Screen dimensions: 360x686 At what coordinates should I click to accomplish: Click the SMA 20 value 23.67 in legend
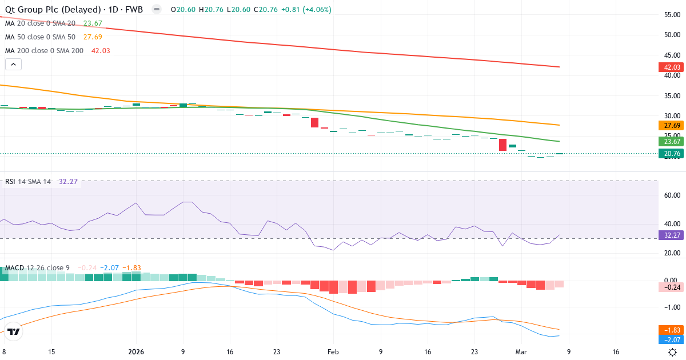pyautogui.click(x=93, y=23)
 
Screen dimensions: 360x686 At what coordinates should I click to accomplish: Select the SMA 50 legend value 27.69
pyautogui.click(x=93, y=37)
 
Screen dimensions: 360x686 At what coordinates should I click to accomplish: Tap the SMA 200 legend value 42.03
pyautogui.click(x=100, y=51)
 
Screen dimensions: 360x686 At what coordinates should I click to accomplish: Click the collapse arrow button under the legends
pyautogui.click(x=13, y=65)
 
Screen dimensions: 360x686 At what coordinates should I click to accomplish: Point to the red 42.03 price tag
pyautogui.click(x=669, y=67)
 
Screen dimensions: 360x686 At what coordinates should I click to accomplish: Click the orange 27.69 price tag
pyautogui.click(x=669, y=125)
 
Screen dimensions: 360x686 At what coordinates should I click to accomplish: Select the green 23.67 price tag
pyautogui.click(x=669, y=142)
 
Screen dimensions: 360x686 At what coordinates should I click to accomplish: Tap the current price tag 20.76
pyautogui.click(x=669, y=154)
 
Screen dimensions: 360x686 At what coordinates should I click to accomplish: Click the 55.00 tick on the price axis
pyautogui.click(x=672, y=14)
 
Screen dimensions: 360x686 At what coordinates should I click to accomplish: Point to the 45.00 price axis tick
pyautogui.click(x=672, y=55)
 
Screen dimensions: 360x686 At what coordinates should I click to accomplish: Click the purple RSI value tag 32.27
pyautogui.click(x=669, y=235)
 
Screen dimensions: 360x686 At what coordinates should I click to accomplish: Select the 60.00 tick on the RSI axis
pyautogui.click(x=672, y=195)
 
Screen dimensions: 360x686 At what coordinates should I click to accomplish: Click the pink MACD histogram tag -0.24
pyautogui.click(x=669, y=287)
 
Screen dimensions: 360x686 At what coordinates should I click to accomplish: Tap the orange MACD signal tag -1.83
pyautogui.click(x=669, y=330)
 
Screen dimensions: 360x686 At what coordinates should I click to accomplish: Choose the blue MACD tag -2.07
pyautogui.click(x=669, y=339)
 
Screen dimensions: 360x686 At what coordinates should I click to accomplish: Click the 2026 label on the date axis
pyautogui.click(x=135, y=352)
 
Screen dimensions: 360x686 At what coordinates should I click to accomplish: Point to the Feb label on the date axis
pyautogui.click(x=333, y=352)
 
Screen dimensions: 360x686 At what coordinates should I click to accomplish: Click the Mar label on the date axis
pyautogui.click(x=521, y=352)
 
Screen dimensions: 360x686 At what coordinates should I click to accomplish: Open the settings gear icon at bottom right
pyautogui.click(x=673, y=352)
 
